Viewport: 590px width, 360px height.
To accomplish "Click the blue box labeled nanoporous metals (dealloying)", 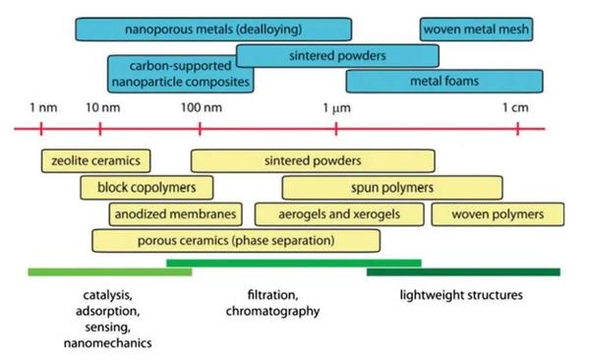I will click(x=213, y=30).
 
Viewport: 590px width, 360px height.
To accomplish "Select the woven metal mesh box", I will click(x=477, y=30).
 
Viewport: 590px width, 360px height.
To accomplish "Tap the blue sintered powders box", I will click(x=337, y=55).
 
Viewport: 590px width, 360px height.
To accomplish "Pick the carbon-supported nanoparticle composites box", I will click(x=179, y=74).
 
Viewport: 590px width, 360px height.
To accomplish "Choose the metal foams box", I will click(x=444, y=82).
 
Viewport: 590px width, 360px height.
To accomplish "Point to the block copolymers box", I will click(x=147, y=187).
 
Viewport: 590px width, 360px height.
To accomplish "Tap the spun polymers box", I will click(x=392, y=187).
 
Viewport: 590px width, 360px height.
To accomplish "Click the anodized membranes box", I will click(x=175, y=213).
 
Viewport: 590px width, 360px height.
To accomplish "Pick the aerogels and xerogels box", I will click(x=339, y=213).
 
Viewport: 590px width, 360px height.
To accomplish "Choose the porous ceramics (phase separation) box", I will click(x=236, y=240).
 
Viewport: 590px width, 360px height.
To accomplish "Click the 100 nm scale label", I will click(x=200, y=106).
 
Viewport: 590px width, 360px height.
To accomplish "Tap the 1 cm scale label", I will click(x=517, y=106).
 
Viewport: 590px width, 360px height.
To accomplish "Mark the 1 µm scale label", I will click(x=336, y=106).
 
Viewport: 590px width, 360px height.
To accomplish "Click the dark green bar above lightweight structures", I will click(x=462, y=271).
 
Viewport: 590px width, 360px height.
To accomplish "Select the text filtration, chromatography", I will click(x=266, y=303).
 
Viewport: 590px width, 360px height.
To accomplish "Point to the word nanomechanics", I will click(x=108, y=343).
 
